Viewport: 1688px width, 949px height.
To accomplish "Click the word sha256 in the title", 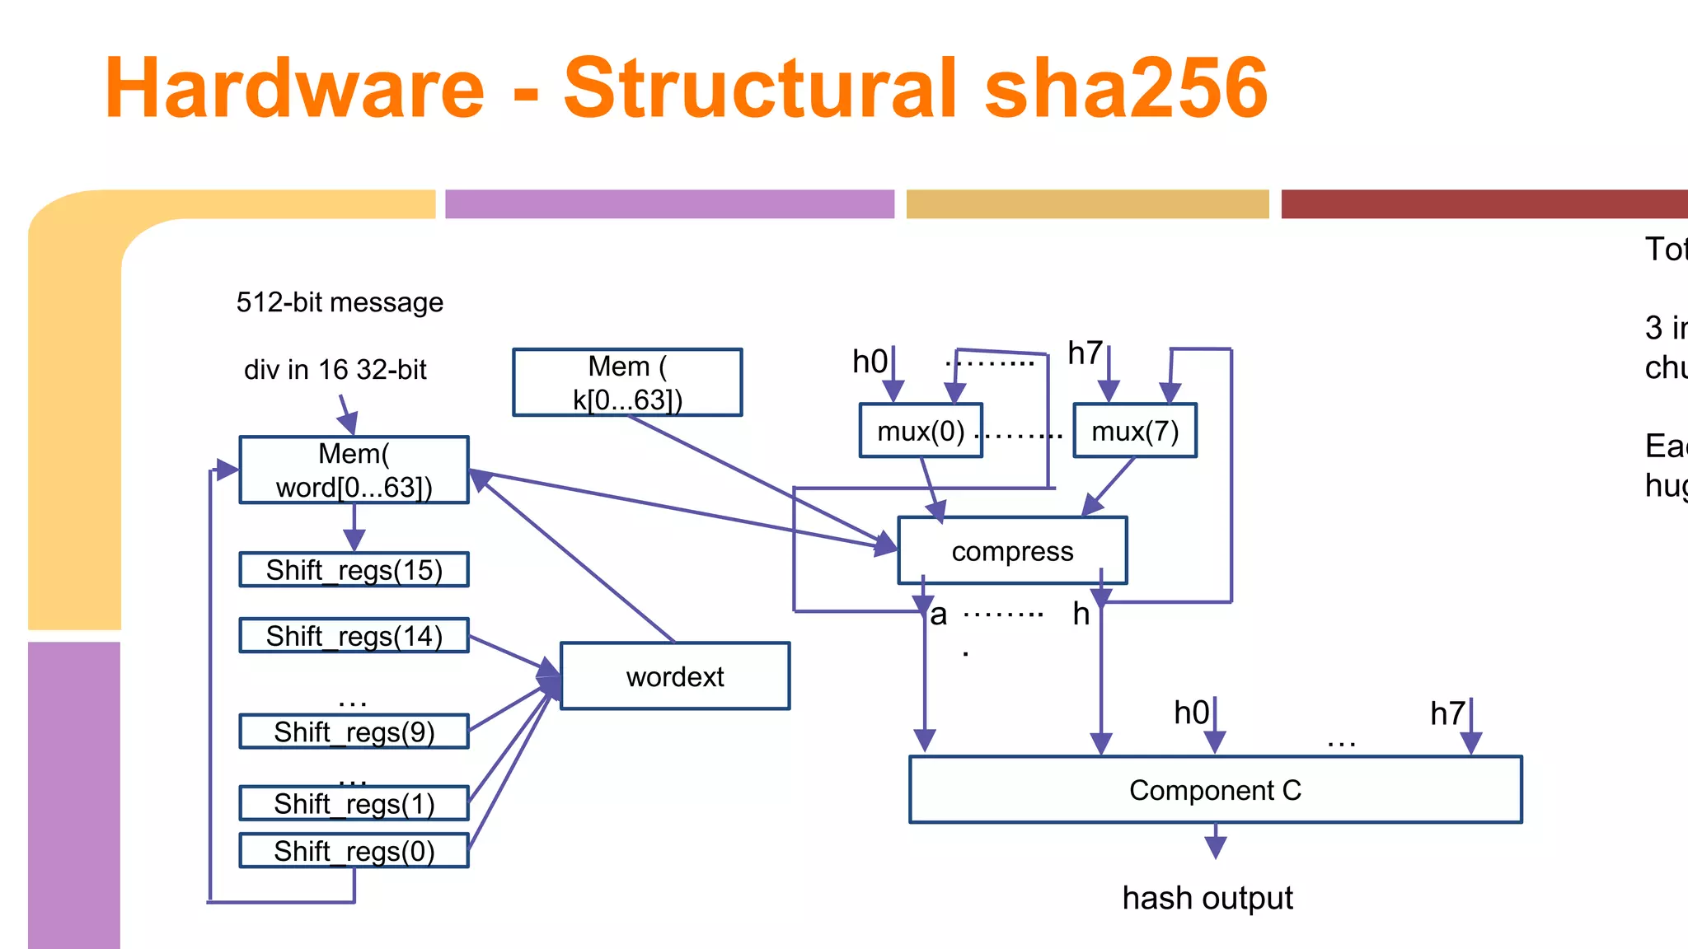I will coord(1125,88).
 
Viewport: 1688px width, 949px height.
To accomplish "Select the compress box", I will coord(1012,550).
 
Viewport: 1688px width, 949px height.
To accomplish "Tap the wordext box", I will coord(674,676).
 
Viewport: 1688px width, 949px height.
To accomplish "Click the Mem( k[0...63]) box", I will coord(627,382).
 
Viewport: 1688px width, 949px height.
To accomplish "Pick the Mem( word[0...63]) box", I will coord(354,470).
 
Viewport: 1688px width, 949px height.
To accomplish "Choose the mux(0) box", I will coord(921,430).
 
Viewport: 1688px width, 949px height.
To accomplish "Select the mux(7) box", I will coord(1135,430).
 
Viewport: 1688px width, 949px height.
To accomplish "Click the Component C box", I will coord(1215,789).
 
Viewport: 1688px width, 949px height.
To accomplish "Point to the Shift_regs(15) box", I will coord(354,569).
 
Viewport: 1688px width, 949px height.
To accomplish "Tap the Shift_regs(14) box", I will coord(354,635).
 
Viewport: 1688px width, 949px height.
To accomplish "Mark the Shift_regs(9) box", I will coord(354,732).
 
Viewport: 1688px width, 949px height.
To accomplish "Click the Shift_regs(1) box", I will coord(354,803).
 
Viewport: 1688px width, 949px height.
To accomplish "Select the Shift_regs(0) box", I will coord(354,850).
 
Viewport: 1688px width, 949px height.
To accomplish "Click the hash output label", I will coord(1207,897).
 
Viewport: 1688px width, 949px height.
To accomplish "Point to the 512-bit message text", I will coord(340,302).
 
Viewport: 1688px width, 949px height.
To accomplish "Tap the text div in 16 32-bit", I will coord(335,369).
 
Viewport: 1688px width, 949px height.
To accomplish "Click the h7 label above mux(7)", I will coord(1085,353).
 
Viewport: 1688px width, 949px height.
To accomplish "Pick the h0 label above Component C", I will coord(1191,713).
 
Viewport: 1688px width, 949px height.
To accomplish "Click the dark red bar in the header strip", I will coord(1484,203).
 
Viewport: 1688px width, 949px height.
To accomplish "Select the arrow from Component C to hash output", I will coord(1215,842).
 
